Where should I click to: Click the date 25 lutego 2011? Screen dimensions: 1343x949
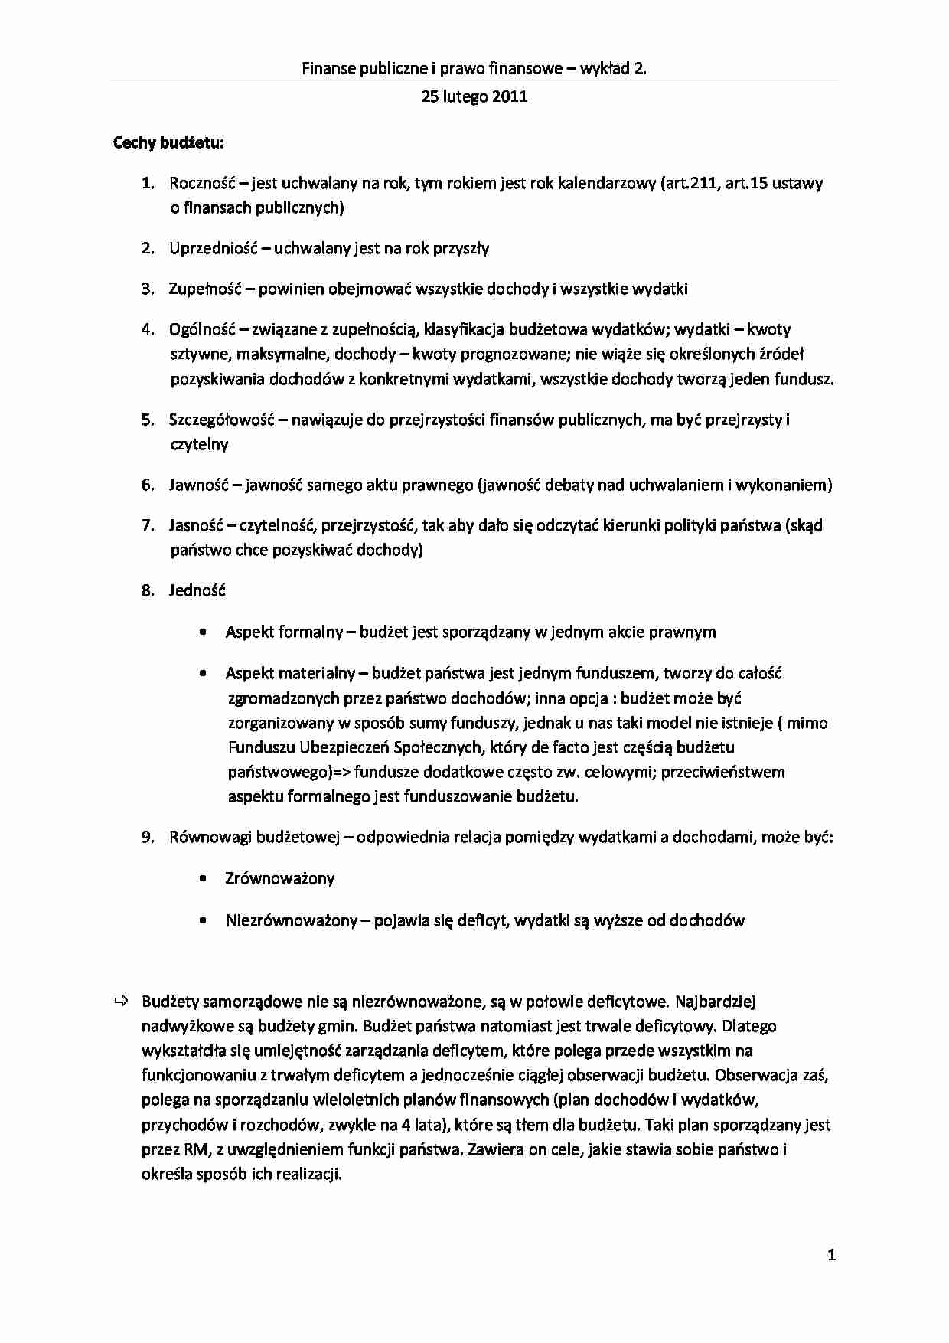pos(474,96)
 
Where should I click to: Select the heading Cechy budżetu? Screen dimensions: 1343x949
pos(168,142)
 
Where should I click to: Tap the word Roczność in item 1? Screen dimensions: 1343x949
pos(202,183)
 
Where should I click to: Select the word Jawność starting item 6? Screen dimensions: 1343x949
pos(197,485)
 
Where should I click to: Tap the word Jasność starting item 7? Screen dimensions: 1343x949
pos(196,525)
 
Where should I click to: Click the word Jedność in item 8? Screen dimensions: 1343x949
pos(197,590)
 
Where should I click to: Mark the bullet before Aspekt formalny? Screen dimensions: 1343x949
pos(202,632)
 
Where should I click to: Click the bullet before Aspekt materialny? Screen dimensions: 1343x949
pos(202,674)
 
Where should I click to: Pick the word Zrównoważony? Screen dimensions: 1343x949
pos(280,878)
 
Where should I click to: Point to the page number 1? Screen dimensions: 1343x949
pos(832,1255)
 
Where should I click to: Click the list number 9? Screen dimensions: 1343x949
pos(148,837)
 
